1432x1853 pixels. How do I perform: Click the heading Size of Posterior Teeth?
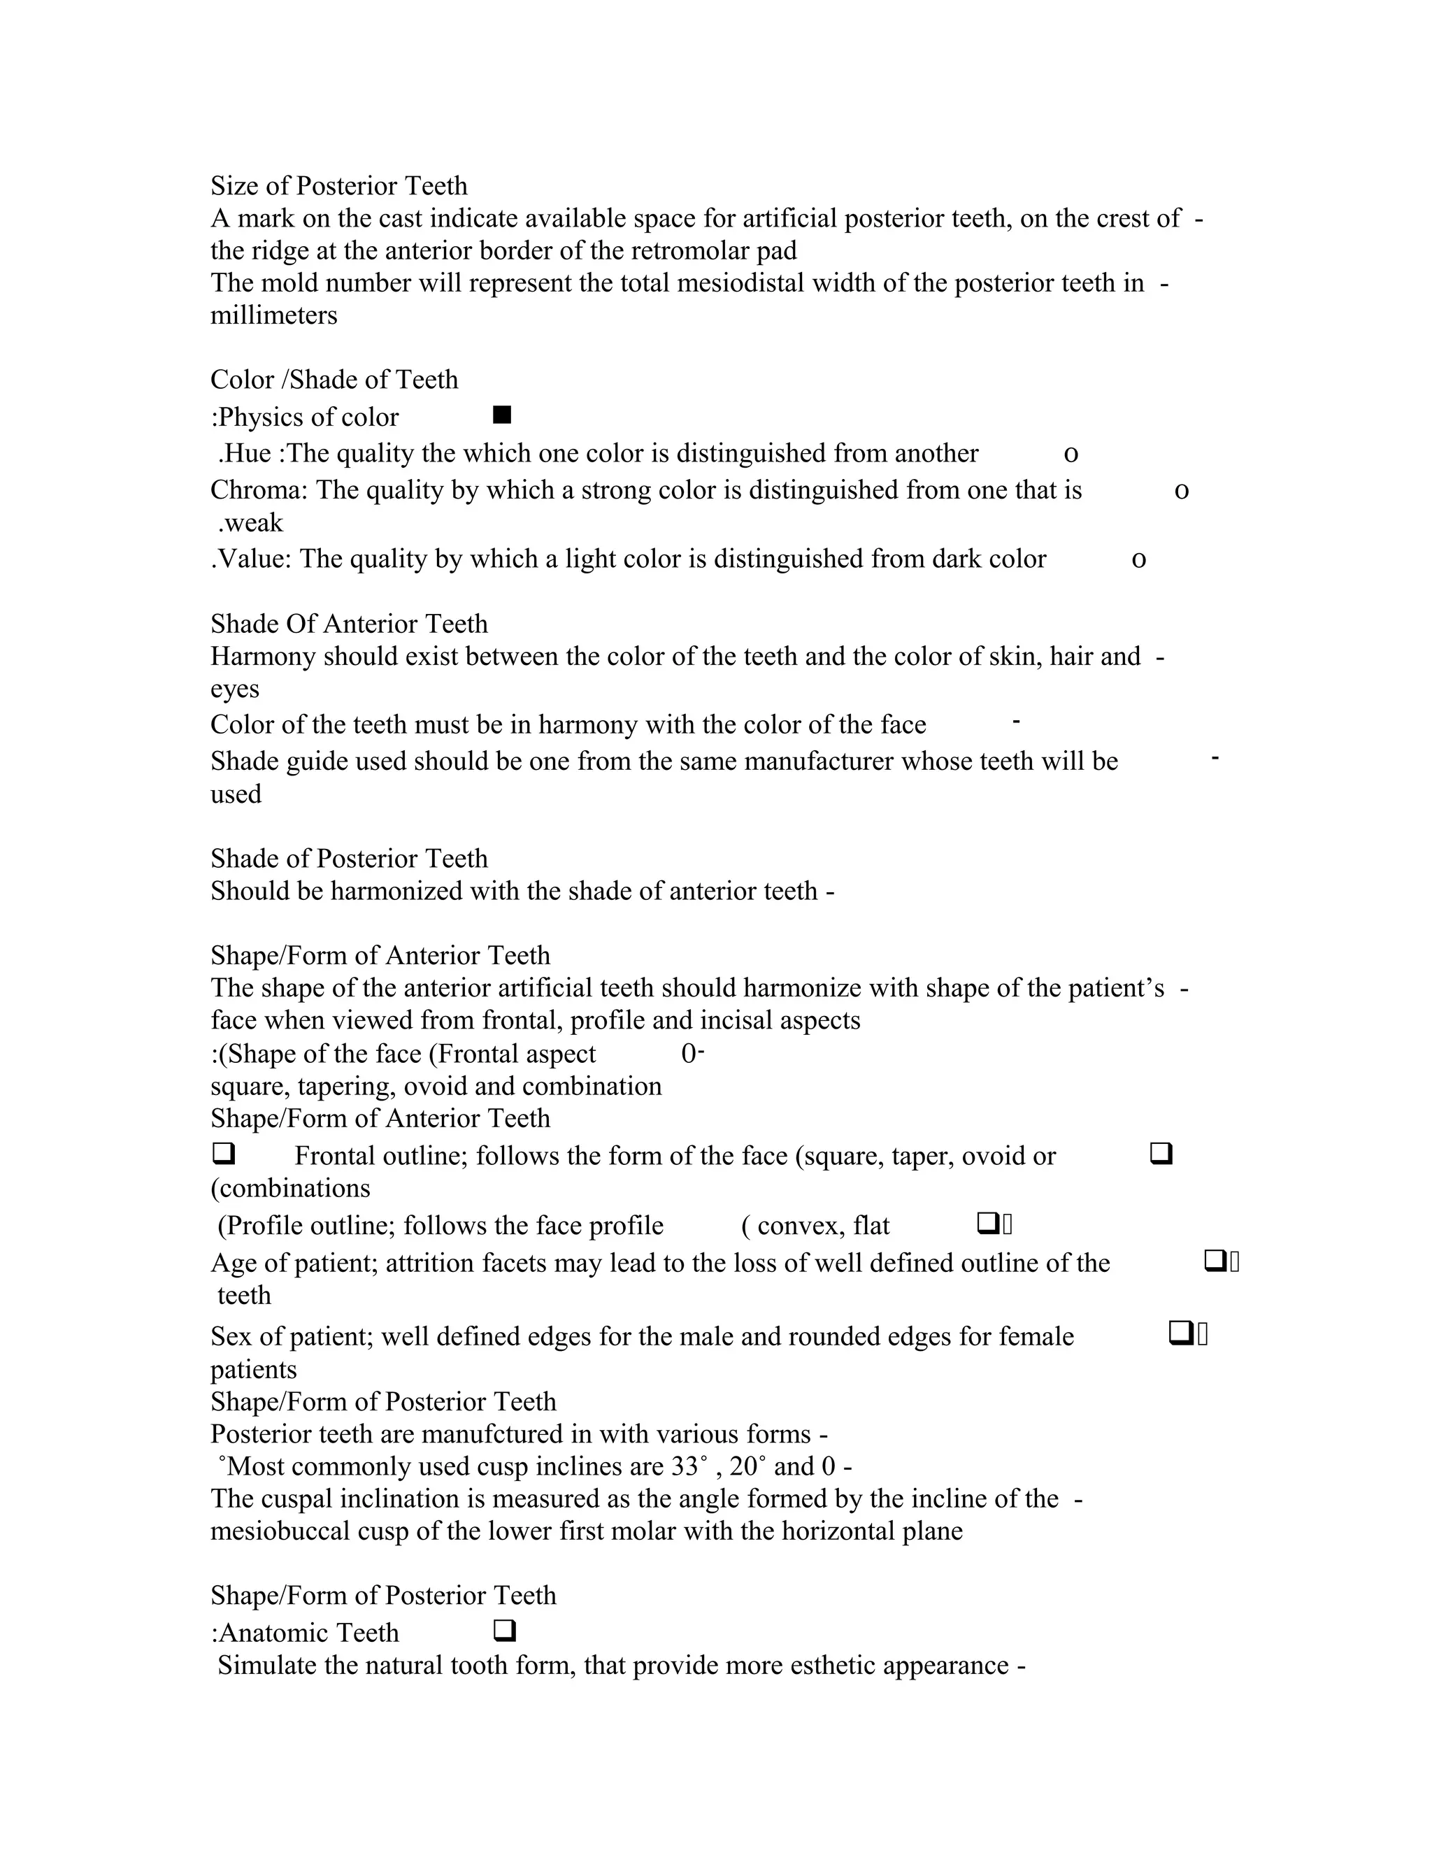point(338,186)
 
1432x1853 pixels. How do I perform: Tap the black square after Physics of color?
point(502,415)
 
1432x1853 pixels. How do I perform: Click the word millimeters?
point(273,315)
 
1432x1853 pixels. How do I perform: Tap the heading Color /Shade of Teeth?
point(334,379)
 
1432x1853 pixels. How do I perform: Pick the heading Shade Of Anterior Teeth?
point(349,624)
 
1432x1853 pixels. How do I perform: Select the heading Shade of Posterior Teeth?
point(349,859)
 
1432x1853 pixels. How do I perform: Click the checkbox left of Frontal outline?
point(223,1154)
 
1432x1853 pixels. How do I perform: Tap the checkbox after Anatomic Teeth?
point(504,1631)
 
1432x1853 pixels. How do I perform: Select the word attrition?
point(430,1264)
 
